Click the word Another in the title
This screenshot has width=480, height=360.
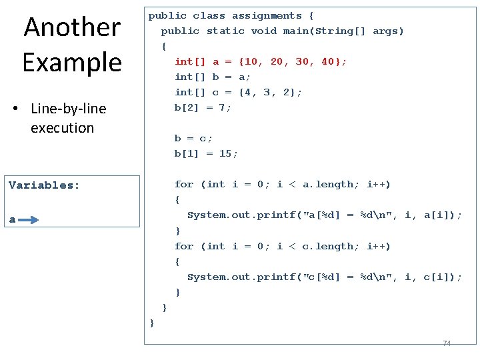(x=72, y=27)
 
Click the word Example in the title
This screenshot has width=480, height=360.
(x=72, y=62)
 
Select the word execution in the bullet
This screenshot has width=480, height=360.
(x=62, y=128)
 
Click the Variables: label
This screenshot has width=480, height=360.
(x=44, y=185)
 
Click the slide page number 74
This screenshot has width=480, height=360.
(x=447, y=343)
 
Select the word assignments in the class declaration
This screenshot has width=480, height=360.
(x=267, y=15)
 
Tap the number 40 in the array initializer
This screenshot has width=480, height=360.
(x=327, y=61)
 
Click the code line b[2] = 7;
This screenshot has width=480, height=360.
(x=203, y=107)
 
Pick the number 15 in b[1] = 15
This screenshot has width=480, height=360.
(x=225, y=153)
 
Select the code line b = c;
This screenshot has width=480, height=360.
(x=194, y=138)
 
